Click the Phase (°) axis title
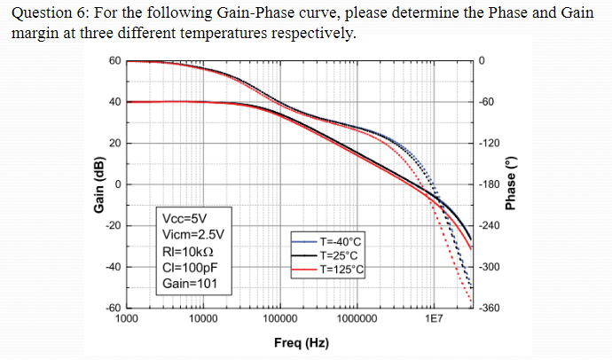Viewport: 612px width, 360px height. click(510, 185)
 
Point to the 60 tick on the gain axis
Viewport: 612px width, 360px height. click(114, 60)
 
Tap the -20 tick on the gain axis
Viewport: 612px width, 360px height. click(113, 225)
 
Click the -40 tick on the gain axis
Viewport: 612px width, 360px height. click(113, 267)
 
